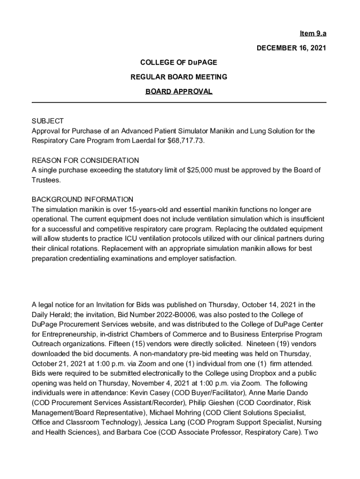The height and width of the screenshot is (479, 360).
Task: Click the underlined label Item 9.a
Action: [313, 34]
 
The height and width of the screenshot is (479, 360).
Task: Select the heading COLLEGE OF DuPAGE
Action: [179, 62]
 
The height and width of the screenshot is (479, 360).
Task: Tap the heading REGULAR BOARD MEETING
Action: [179, 77]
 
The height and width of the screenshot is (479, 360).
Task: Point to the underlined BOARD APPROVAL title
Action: [179, 91]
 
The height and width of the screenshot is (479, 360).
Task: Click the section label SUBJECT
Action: [47, 121]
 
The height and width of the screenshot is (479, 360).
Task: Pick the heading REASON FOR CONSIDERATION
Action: [85, 160]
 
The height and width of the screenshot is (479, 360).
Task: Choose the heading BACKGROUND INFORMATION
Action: [82, 199]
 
